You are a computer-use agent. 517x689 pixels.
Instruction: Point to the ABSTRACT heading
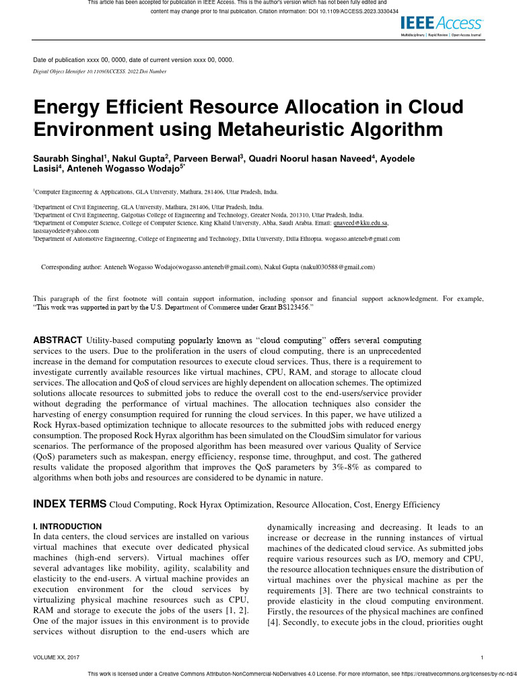58,340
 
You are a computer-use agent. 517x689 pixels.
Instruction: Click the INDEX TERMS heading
70,504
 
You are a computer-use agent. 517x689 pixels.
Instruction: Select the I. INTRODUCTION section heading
67,526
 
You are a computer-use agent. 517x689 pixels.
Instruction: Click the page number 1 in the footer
483,657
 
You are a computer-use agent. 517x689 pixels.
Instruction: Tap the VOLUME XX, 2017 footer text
61,657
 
